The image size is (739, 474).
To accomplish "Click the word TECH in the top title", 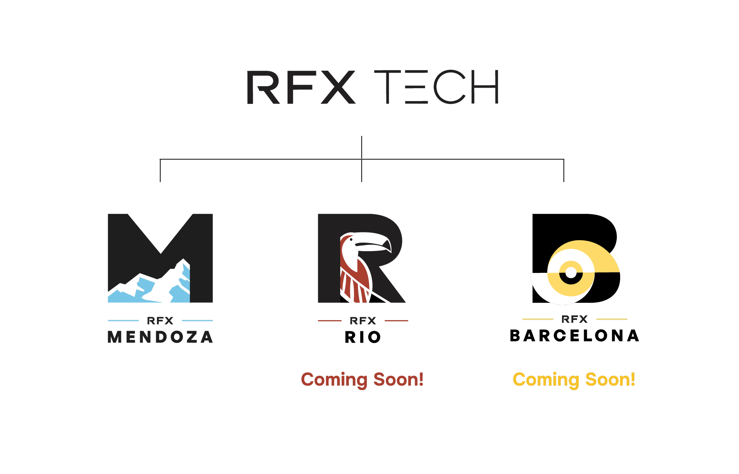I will pyautogui.click(x=437, y=87).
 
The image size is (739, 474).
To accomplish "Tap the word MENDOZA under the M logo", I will pyautogui.click(x=160, y=337).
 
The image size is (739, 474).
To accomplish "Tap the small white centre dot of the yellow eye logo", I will pyautogui.click(x=571, y=273).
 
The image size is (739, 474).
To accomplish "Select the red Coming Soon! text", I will pyautogui.click(x=362, y=379).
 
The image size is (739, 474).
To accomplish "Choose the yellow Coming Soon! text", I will pyautogui.click(x=574, y=379).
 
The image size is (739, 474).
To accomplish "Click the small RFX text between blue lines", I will pyautogui.click(x=160, y=321).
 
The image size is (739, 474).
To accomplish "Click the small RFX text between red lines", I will pyautogui.click(x=363, y=321).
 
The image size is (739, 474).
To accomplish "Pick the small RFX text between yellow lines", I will pyautogui.click(x=574, y=319).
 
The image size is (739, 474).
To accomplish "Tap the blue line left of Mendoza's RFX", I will pyautogui.click(x=123, y=321).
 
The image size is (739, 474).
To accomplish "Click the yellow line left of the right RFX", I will pyautogui.click(x=538, y=319).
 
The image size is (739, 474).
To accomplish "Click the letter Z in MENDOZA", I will pyautogui.click(x=192, y=337).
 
